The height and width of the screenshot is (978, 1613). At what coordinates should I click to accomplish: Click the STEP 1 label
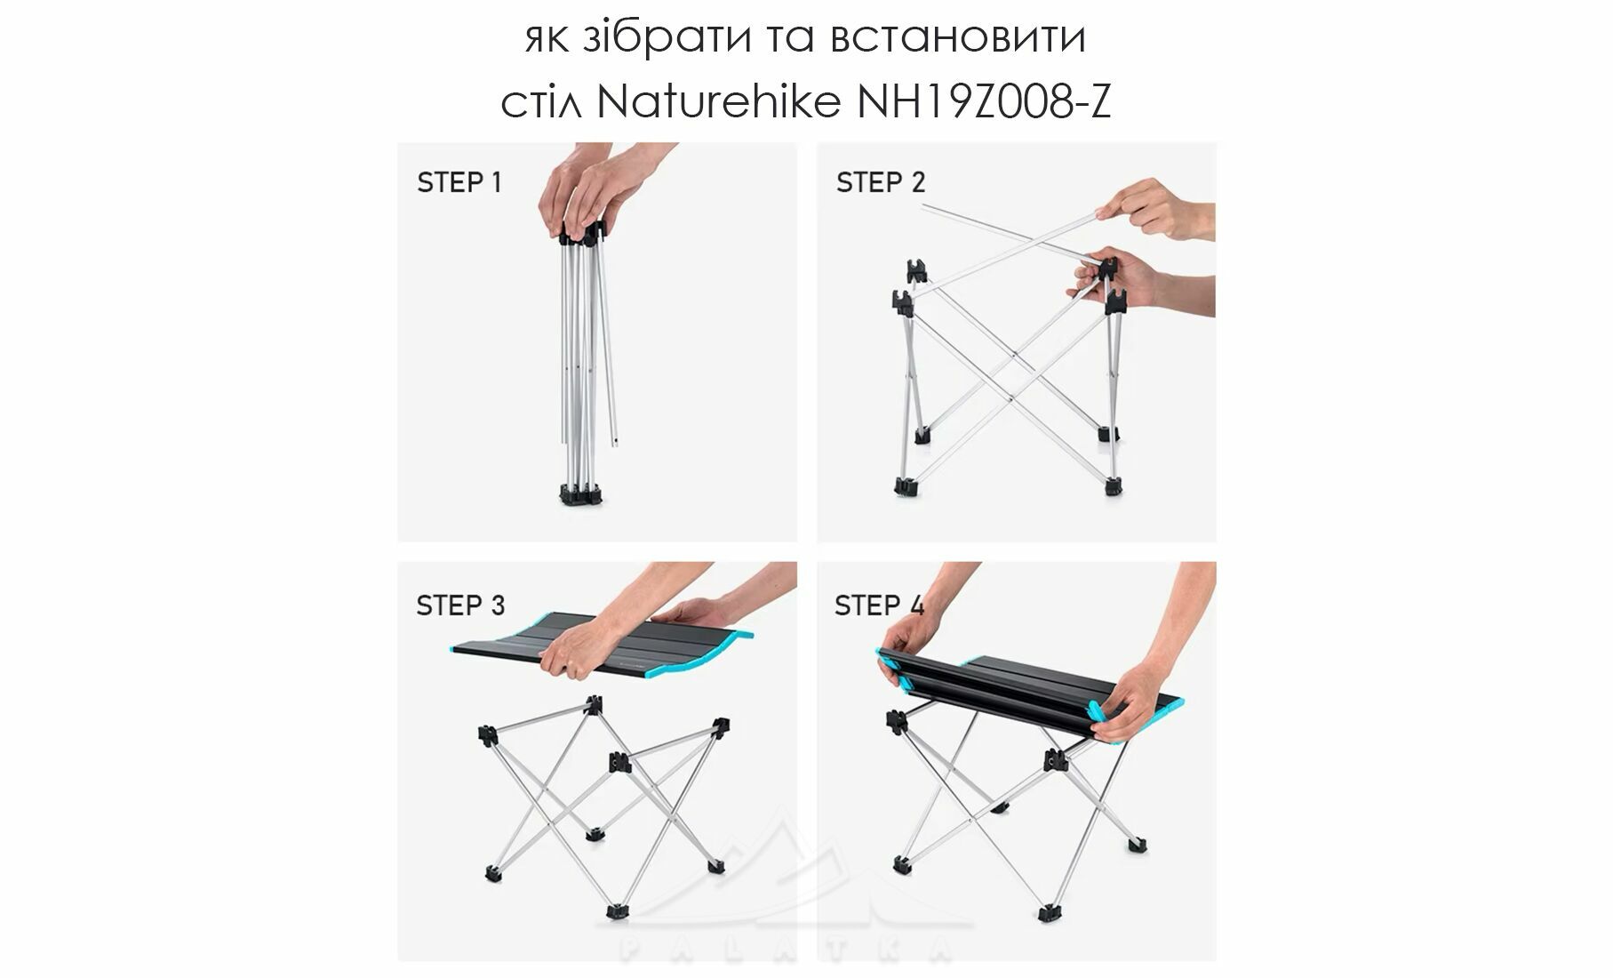pyautogui.click(x=459, y=182)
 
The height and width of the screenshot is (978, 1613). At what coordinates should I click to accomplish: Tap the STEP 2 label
pyautogui.click(x=881, y=182)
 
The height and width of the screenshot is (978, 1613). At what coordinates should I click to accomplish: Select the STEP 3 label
pyautogui.click(x=460, y=605)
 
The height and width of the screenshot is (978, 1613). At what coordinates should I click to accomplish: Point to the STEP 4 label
pyautogui.click(x=879, y=605)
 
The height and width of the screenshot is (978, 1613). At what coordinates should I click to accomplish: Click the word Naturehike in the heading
pyautogui.click(x=719, y=103)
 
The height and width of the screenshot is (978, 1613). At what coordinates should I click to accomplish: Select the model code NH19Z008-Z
pyautogui.click(x=984, y=103)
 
